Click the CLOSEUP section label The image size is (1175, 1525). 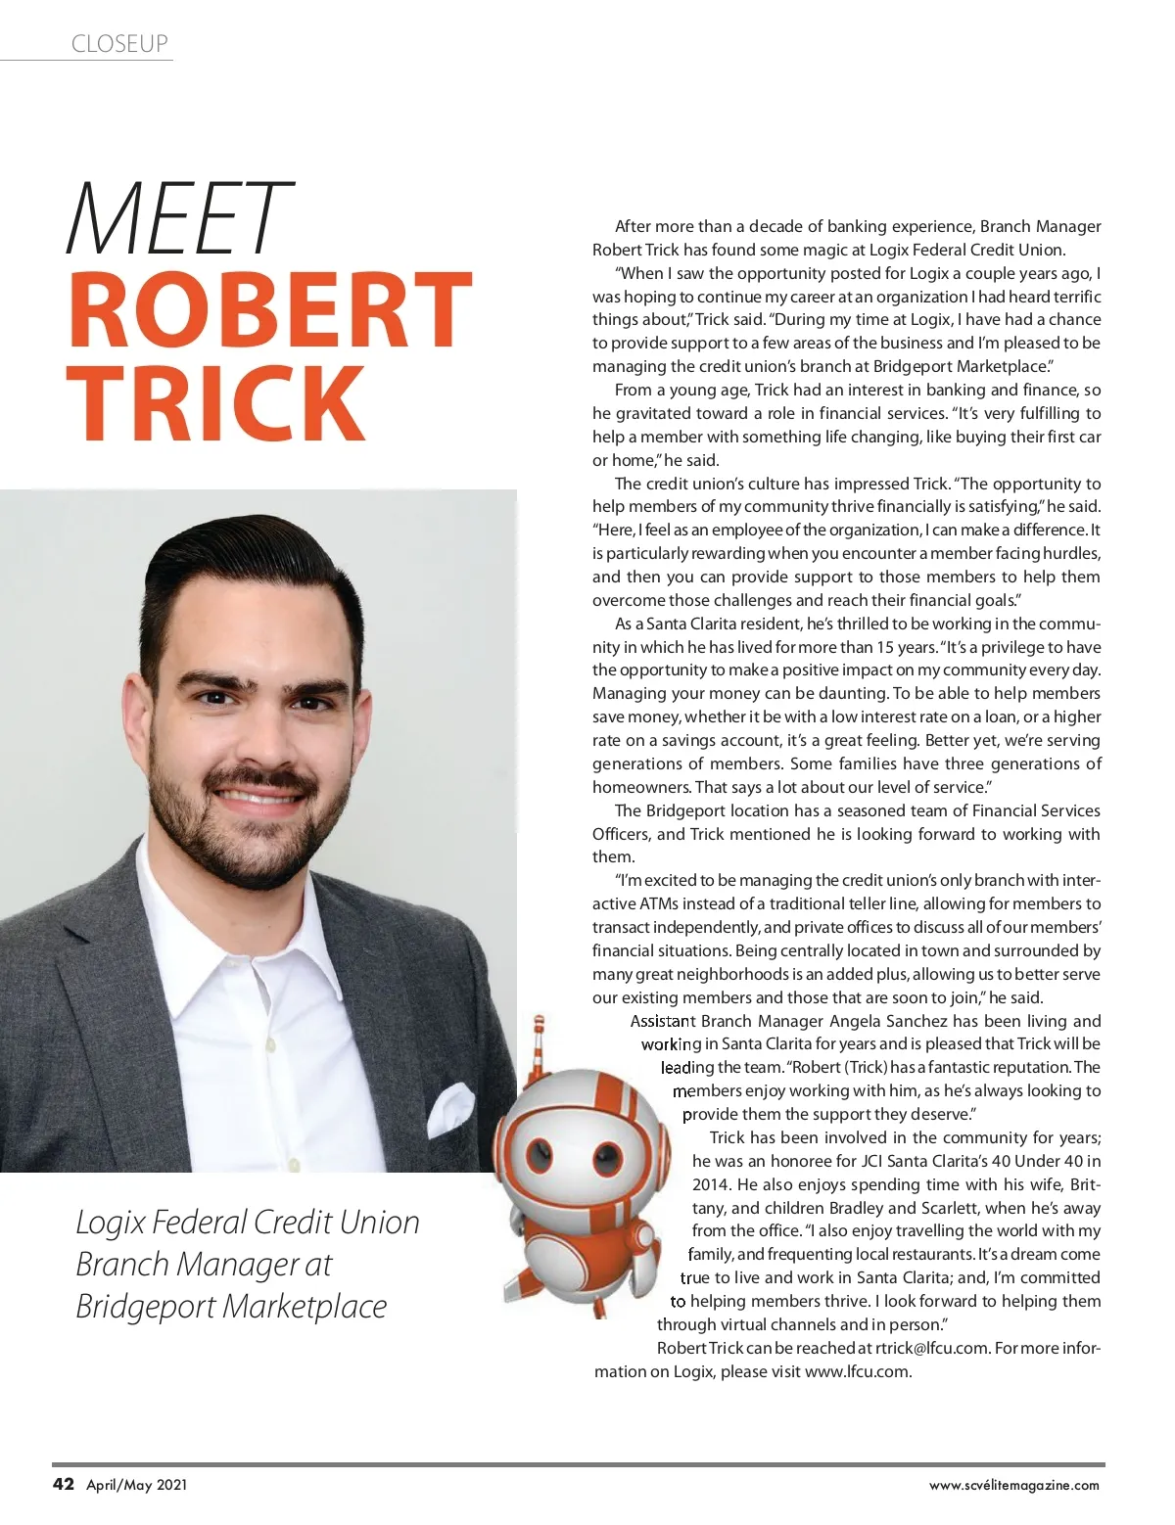click(119, 43)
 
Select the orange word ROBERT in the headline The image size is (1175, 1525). click(269, 310)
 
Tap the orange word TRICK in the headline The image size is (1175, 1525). click(216, 402)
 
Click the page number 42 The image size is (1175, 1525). click(63, 1484)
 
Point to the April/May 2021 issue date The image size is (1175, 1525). click(136, 1485)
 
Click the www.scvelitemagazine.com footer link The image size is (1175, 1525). click(1013, 1485)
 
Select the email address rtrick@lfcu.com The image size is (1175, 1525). click(931, 1348)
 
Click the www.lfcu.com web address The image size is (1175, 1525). click(857, 1371)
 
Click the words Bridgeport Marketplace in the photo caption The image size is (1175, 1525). click(232, 1306)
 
